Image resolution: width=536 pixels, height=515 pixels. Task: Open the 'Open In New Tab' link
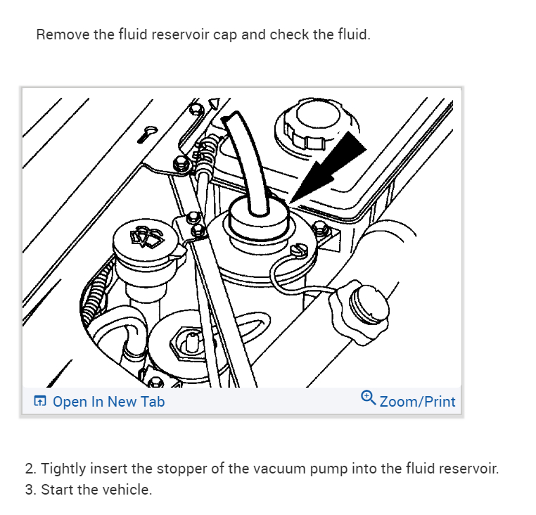coord(108,402)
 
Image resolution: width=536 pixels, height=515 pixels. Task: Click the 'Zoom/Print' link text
coord(417,402)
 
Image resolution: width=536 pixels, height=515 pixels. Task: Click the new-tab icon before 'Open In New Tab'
coord(40,402)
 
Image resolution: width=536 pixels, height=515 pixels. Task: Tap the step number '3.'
coord(30,490)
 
